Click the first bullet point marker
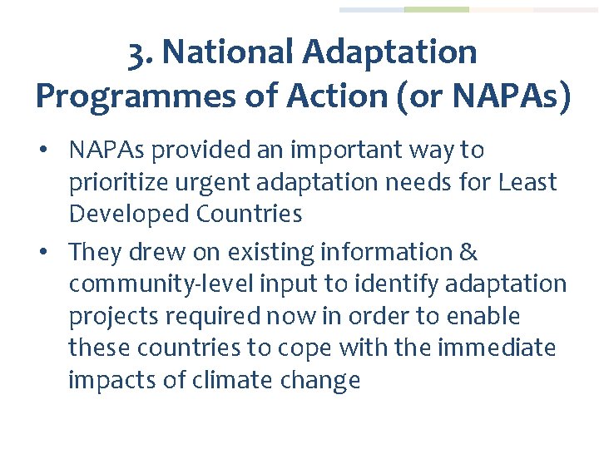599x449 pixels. tap(52, 150)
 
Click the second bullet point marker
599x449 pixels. tap(52, 252)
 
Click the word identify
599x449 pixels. tap(395, 284)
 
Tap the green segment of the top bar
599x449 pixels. tap(436, 10)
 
